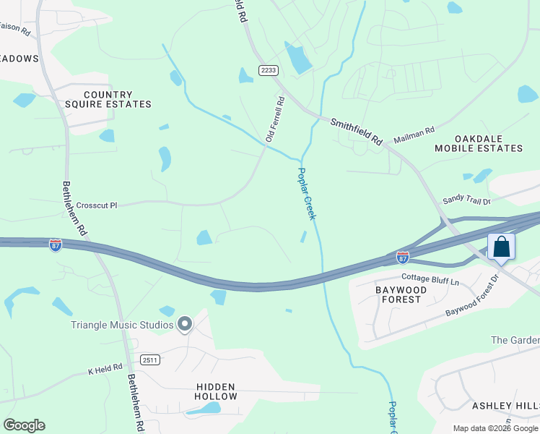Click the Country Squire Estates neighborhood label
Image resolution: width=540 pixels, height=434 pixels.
click(x=117, y=100)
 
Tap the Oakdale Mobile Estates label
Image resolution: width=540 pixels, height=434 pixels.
click(x=478, y=143)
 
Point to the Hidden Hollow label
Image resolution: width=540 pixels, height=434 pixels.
click(x=216, y=392)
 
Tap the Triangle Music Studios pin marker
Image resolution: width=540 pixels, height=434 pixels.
click(x=185, y=325)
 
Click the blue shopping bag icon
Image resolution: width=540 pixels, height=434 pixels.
click(x=501, y=247)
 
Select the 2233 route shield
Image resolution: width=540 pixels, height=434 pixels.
click(x=269, y=70)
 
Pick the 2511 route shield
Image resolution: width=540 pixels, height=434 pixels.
click(x=150, y=359)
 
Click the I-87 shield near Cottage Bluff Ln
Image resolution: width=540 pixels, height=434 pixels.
click(x=403, y=257)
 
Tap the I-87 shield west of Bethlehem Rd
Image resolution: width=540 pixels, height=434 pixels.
click(x=56, y=245)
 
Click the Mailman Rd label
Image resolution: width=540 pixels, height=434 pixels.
click(x=414, y=135)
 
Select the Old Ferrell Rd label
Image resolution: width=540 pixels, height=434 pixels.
click(x=276, y=119)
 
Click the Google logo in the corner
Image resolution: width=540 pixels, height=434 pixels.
click(x=24, y=425)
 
